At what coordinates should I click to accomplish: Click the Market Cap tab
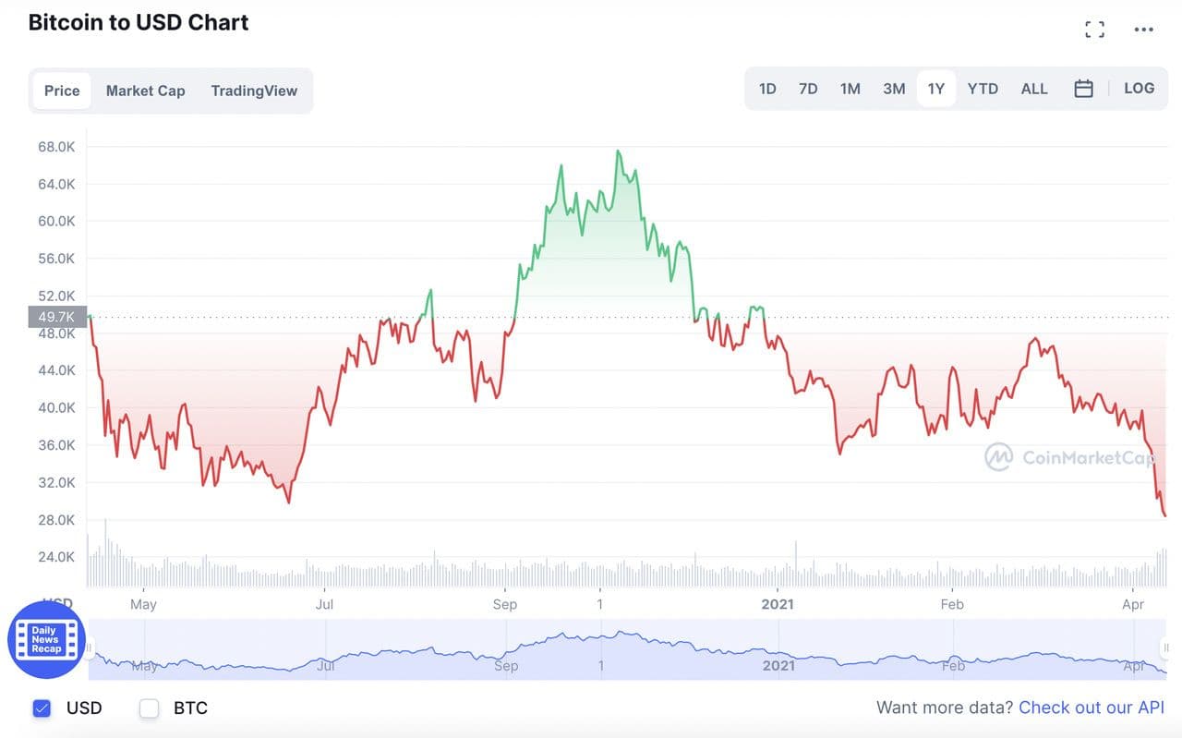[x=145, y=91]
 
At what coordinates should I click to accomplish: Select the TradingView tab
[x=254, y=91]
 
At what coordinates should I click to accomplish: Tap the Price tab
[x=62, y=91]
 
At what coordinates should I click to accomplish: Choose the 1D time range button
[x=767, y=89]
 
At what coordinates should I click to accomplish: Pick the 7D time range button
[x=808, y=89]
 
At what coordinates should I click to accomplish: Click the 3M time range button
[x=894, y=89]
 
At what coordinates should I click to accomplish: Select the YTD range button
[x=983, y=89]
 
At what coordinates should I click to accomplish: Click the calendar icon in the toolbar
[x=1084, y=89]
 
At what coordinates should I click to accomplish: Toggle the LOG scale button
[x=1139, y=89]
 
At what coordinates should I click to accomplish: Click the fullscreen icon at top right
[x=1094, y=30]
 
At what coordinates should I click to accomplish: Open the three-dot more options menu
[x=1144, y=30]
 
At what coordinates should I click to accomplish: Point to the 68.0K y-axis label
[x=56, y=147]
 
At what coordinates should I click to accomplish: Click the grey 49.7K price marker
[x=57, y=318]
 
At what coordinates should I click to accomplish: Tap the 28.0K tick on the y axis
[x=56, y=520]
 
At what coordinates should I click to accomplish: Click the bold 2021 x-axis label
[x=778, y=604]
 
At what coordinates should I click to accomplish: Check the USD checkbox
[x=42, y=708]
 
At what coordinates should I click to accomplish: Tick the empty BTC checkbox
[x=149, y=708]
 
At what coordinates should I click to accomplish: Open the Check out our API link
[x=1091, y=708]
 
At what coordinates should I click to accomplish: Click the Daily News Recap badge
[x=46, y=639]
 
